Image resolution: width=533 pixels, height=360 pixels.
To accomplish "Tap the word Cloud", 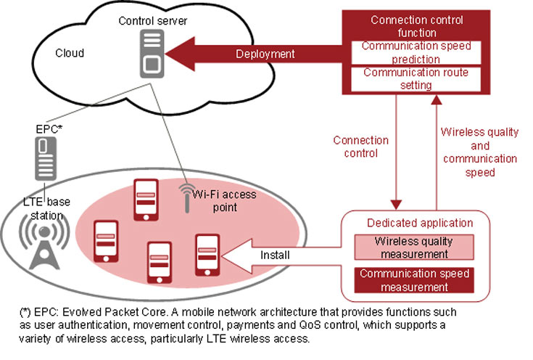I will [x=70, y=53].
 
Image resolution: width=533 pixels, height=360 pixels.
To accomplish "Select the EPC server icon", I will [x=45, y=157].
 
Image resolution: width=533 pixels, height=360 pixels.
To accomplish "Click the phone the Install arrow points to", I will [x=206, y=254].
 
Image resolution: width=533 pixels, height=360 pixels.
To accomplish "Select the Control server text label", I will [x=152, y=21].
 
